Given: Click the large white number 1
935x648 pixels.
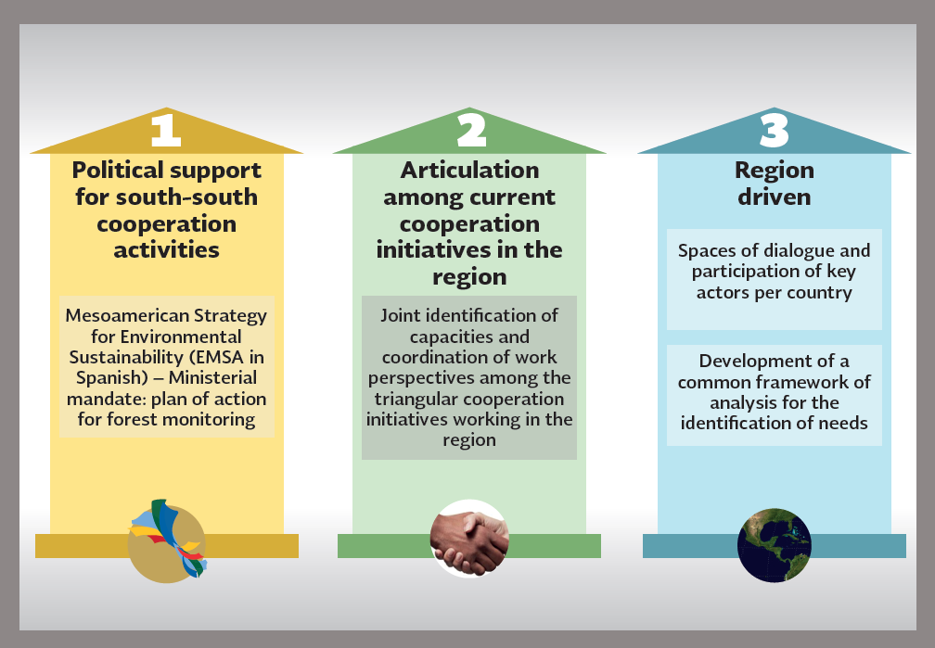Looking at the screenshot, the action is pyautogui.click(x=166, y=130).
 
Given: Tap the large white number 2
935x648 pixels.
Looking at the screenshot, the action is pyautogui.click(x=471, y=130).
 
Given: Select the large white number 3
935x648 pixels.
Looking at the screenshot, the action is pyautogui.click(x=775, y=130).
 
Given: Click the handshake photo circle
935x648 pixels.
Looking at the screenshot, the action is pyautogui.click(x=469, y=539).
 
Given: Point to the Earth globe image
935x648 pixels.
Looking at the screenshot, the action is pyautogui.click(x=774, y=545).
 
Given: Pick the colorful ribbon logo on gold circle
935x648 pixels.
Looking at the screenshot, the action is pyautogui.click(x=168, y=540).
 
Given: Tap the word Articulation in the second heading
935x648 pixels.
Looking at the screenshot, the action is pyautogui.click(x=469, y=171).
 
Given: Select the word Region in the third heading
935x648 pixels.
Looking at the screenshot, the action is pyautogui.click(x=774, y=172).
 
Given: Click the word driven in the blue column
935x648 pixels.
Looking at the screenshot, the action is pyautogui.click(x=774, y=197).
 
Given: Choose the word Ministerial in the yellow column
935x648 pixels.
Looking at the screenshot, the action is pyautogui.click(x=213, y=378).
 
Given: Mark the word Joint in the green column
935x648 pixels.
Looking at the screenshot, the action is pyautogui.click(x=401, y=315).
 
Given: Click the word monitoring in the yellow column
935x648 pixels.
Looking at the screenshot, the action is pyautogui.click(x=209, y=420).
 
